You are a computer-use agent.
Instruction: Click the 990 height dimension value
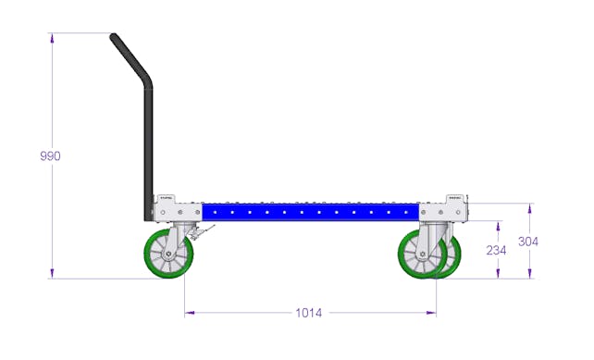(50, 155)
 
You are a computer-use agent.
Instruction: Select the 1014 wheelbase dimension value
(309, 313)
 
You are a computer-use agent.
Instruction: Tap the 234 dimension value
(496, 250)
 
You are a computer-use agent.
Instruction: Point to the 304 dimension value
(528, 242)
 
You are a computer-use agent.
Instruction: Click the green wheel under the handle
(168, 254)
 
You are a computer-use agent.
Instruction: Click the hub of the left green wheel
(168, 254)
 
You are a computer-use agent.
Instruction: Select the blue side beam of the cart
(310, 212)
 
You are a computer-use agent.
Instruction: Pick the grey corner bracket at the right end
(443, 209)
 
